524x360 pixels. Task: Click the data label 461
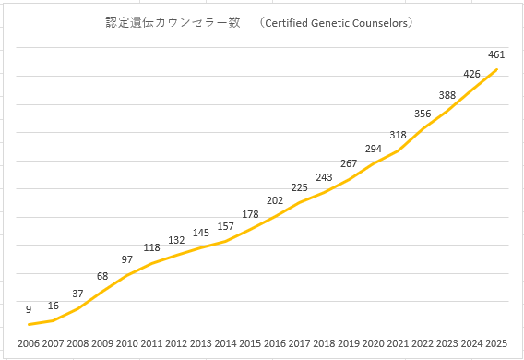(x=496, y=54)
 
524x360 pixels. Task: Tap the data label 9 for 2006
(x=29, y=309)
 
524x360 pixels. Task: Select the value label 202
(x=275, y=200)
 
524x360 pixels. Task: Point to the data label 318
(x=398, y=135)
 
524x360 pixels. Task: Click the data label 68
(x=102, y=276)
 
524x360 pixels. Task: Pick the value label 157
(x=226, y=227)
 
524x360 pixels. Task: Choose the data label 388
(x=447, y=95)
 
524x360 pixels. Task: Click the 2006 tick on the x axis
(x=29, y=343)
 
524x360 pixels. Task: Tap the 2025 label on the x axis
(x=496, y=343)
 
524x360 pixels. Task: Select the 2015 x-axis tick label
(x=250, y=343)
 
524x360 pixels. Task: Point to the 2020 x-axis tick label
(x=374, y=343)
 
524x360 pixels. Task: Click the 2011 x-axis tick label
(x=151, y=343)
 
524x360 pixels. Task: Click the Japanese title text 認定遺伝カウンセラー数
(x=173, y=22)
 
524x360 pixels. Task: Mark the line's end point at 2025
(x=497, y=69)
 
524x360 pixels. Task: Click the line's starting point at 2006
(x=30, y=324)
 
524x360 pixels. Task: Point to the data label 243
(x=324, y=177)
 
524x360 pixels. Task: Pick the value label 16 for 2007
(x=54, y=306)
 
